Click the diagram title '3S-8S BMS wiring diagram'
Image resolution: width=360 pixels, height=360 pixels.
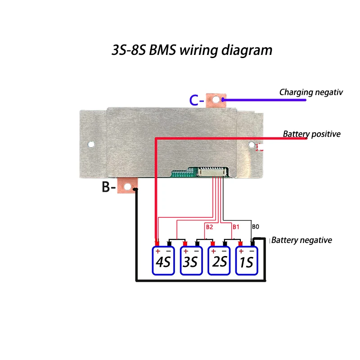[192, 49]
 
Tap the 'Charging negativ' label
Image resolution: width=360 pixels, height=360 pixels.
[311, 92]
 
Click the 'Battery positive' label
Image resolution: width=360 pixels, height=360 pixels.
[311, 134]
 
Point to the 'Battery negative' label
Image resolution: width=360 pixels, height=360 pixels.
[302, 240]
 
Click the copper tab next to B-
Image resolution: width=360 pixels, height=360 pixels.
[128, 186]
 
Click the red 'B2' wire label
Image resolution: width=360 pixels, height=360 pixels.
[209, 226]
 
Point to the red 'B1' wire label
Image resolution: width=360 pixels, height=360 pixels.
[236, 226]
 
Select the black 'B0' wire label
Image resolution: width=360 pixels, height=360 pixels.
[255, 226]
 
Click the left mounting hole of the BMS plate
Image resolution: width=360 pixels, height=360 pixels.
[91, 145]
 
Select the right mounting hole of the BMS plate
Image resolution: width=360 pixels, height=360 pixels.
[252, 145]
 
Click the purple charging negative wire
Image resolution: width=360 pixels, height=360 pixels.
[265, 99]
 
